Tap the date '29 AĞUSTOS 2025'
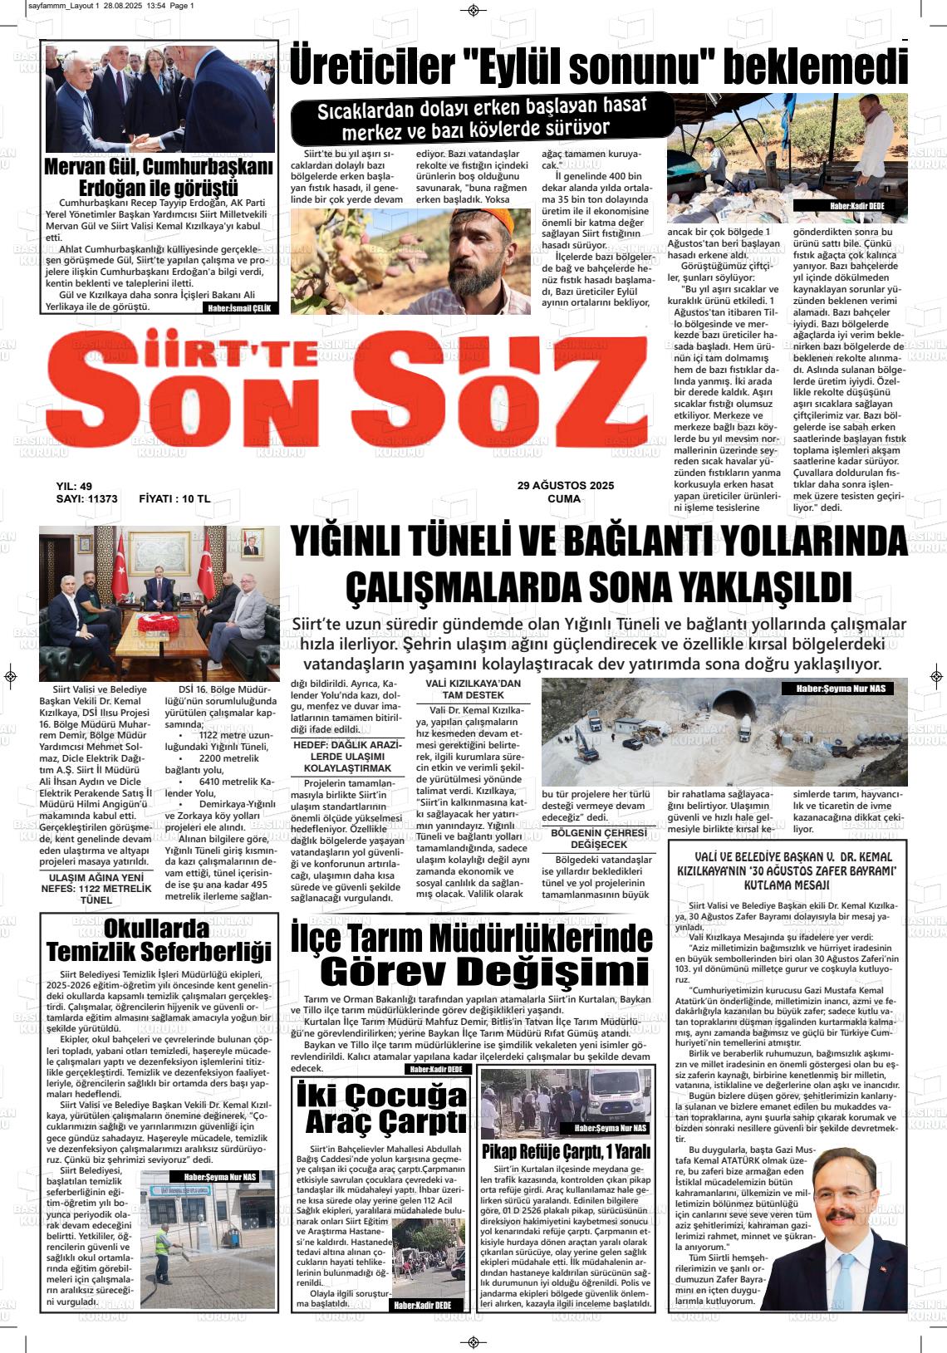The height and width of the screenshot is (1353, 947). [565, 485]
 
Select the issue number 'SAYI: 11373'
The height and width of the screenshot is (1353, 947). [86, 499]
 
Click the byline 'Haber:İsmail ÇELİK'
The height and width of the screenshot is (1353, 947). [240, 307]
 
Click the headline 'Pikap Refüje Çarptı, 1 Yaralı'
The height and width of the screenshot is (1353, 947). [566, 1152]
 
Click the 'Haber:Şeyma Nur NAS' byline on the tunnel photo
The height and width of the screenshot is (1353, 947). [841, 689]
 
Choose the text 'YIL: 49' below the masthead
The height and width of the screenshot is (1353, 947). [74, 486]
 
